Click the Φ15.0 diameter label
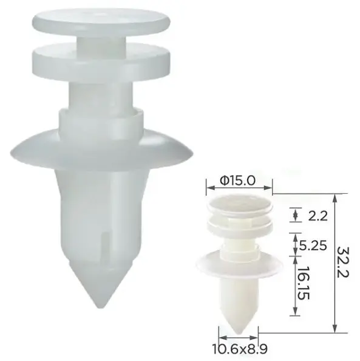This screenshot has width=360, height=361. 237,180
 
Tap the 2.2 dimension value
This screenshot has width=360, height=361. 318,216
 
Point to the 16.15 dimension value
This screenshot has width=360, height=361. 304,283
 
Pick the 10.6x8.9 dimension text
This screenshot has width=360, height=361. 239,349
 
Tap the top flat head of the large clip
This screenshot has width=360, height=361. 101,20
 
